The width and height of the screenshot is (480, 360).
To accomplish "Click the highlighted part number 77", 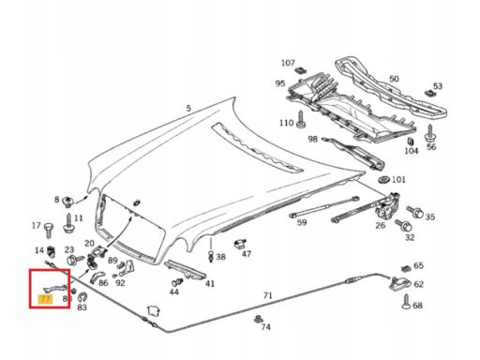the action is (x=45, y=299).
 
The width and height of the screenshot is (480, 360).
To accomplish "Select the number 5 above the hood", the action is (x=188, y=109).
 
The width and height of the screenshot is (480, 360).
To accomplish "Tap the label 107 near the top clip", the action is (x=288, y=63).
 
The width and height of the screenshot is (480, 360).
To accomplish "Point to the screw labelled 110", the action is (x=301, y=119).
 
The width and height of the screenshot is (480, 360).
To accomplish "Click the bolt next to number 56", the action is (x=430, y=133).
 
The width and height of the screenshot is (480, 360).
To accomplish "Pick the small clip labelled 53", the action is (x=429, y=93).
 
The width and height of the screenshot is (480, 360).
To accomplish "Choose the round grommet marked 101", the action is (x=383, y=180).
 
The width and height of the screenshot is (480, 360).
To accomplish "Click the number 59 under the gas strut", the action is (x=302, y=222).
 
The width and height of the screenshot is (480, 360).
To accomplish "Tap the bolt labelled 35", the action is (x=415, y=212).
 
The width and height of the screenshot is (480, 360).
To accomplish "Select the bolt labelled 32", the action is (x=403, y=225).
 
